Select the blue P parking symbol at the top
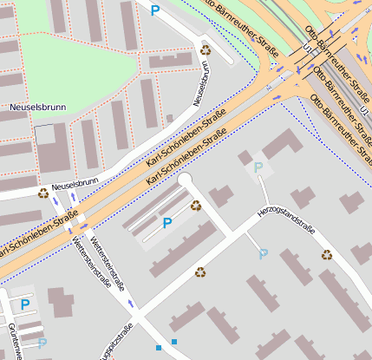pyautogui.click(x=155, y=10)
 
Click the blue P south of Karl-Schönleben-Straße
pyautogui.click(x=167, y=223)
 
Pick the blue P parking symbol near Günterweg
pyautogui.click(x=25, y=304)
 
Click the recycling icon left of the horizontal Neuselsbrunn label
pyautogui.click(x=43, y=193)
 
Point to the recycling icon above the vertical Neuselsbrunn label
pyautogui.click(x=206, y=49)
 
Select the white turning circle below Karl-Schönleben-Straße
pyautogui.click(x=185, y=180)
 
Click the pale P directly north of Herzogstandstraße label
pyautogui.click(x=258, y=166)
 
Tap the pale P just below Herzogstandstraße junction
pyautogui.click(x=264, y=254)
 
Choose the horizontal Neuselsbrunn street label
pyautogui.click(x=75, y=184)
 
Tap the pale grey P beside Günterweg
pyautogui.click(x=42, y=344)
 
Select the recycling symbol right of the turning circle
pyautogui.click(x=196, y=206)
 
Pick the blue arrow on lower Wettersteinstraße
pyautogui.click(x=130, y=304)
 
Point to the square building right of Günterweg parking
pyautogui.click(x=61, y=302)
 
